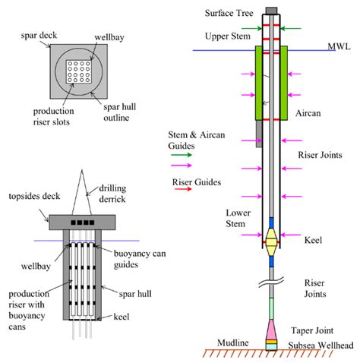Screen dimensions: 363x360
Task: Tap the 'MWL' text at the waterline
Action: point(338,46)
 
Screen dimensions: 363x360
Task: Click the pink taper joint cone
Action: point(271,330)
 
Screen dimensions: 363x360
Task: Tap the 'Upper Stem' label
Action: point(227,36)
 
